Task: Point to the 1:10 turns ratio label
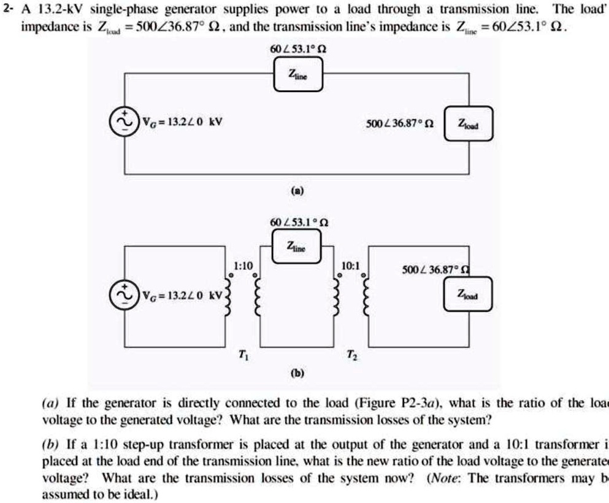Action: [x=242, y=265]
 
